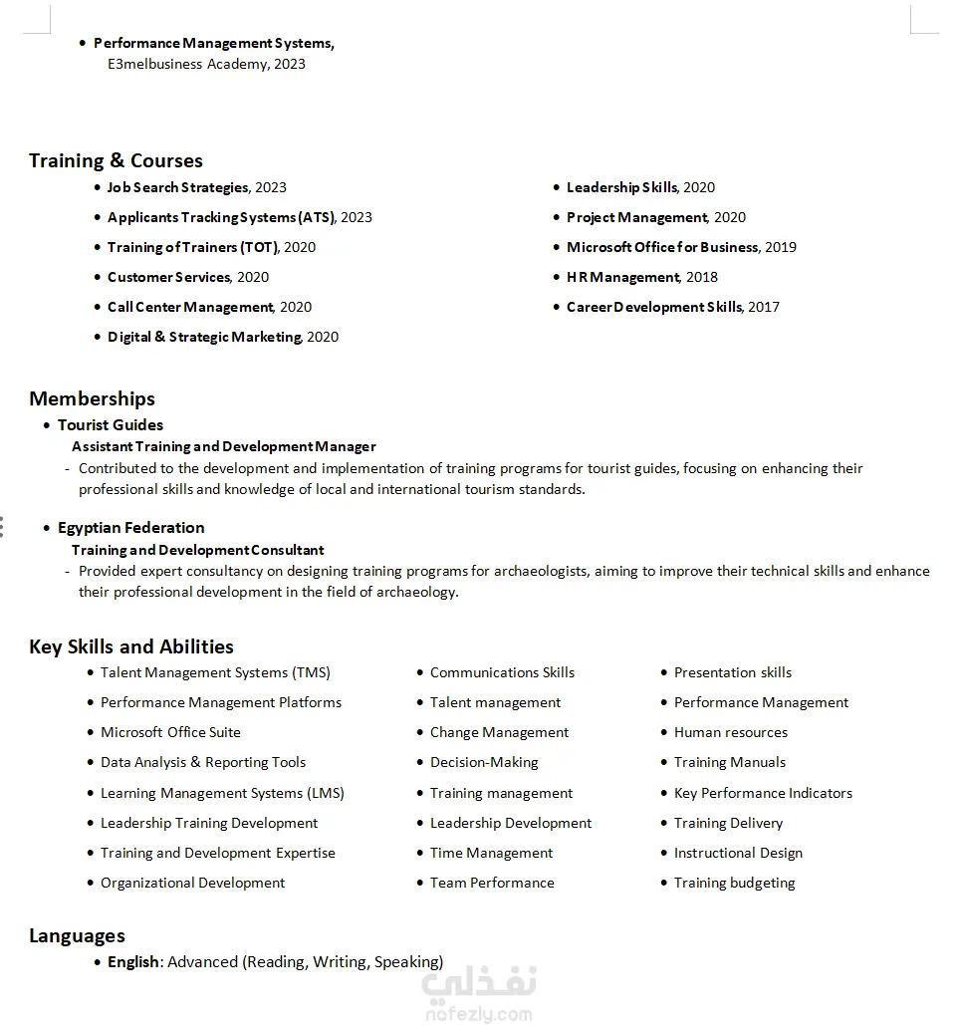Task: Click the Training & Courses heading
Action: (x=116, y=160)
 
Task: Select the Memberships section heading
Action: (x=92, y=398)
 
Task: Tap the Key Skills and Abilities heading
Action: (x=131, y=646)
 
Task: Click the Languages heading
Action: (x=77, y=935)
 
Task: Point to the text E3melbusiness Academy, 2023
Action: (x=206, y=64)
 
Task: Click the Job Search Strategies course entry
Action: (x=178, y=187)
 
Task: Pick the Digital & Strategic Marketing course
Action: (x=204, y=337)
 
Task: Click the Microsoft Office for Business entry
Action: (x=662, y=247)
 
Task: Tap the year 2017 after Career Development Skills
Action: (x=764, y=307)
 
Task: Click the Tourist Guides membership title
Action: (x=111, y=424)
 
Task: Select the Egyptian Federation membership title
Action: (x=131, y=527)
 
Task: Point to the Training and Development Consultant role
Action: (x=198, y=550)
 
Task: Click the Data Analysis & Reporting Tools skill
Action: (x=203, y=762)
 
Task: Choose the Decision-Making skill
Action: (x=484, y=762)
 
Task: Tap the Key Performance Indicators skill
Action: (x=763, y=793)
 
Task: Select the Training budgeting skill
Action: (x=734, y=883)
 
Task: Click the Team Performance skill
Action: (x=492, y=883)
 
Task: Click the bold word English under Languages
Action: (x=133, y=962)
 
